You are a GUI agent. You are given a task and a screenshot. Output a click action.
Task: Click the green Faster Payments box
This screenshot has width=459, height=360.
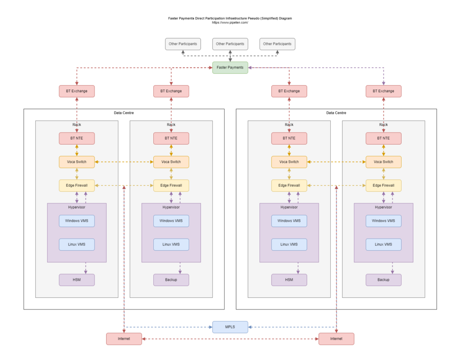(x=230, y=68)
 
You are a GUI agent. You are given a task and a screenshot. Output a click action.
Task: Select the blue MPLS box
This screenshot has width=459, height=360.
(x=230, y=327)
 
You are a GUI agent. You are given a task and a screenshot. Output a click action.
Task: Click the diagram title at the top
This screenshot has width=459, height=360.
(x=230, y=18)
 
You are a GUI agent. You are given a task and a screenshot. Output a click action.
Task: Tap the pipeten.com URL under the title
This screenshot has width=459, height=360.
(x=230, y=22)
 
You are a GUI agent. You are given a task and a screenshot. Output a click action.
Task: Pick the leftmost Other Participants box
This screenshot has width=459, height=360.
(x=183, y=44)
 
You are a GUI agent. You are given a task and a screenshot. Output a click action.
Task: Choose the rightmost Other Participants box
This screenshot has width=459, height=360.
(x=277, y=44)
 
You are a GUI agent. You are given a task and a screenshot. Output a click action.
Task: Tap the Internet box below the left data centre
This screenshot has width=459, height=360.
(x=124, y=339)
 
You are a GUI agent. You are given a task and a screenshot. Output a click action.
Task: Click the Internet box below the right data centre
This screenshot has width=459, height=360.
(x=336, y=339)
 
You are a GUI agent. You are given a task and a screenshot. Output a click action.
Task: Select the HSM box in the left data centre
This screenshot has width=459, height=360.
(x=77, y=280)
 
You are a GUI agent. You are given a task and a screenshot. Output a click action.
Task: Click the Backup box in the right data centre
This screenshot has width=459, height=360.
(x=384, y=280)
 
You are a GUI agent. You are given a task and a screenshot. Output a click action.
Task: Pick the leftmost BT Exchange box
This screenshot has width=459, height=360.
(x=77, y=91)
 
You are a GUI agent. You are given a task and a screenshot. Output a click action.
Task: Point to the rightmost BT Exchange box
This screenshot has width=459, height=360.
(x=384, y=91)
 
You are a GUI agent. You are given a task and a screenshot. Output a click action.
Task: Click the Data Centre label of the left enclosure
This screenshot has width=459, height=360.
(x=124, y=113)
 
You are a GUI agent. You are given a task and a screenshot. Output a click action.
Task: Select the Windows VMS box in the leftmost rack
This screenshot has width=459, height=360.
(x=77, y=221)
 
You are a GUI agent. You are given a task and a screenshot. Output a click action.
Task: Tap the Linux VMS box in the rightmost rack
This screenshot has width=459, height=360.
(x=384, y=244)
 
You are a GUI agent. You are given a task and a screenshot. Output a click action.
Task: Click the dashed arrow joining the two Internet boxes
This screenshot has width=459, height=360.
(x=230, y=339)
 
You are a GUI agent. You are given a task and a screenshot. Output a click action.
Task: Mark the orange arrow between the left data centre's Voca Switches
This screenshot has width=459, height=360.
(x=124, y=162)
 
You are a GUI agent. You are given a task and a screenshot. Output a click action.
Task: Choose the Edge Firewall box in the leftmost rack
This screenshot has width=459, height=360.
(x=77, y=185)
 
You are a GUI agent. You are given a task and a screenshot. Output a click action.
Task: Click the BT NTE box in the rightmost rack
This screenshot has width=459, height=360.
(x=384, y=138)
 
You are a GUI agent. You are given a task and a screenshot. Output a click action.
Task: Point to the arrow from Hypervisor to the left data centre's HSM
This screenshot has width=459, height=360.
(x=86, y=268)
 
